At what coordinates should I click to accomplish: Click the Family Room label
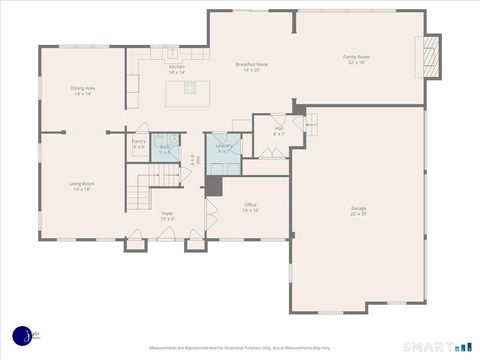click(x=357, y=59)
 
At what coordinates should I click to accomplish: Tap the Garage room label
click(x=358, y=210)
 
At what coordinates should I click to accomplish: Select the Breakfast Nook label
click(x=251, y=66)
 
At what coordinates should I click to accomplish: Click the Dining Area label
click(x=83, y=91)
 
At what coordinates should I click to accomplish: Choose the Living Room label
click(x=82, y=186)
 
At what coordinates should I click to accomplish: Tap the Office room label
click(x=250, y=208)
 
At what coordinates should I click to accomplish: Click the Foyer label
click(x=167, y=215)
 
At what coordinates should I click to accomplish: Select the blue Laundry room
click(x=224, y=151)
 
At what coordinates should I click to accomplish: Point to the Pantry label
click(x=139, y=144)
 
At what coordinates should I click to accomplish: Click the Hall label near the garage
click(x=280, y=130)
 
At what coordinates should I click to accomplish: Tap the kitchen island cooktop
click(x=190, y=88)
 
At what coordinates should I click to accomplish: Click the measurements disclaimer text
click(x=239, y=348)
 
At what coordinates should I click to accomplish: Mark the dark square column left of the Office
click(x=213, y=187)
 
